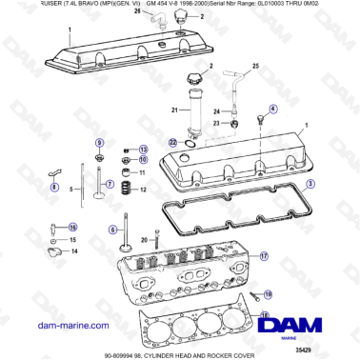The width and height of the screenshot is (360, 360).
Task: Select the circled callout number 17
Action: click(265, 256)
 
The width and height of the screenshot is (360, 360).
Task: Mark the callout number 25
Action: click(253, 67)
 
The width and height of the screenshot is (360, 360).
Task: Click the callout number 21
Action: click(173, 111)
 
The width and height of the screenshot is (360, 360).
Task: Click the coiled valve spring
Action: click(122, 190)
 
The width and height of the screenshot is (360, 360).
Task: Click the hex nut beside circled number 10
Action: click(126, 160)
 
